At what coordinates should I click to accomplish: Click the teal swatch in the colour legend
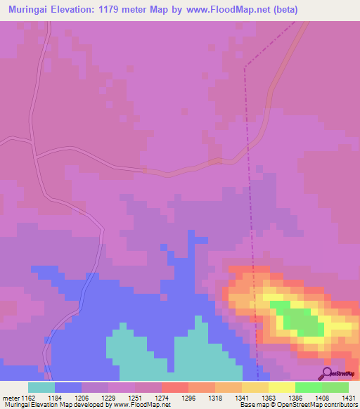click(41, 387)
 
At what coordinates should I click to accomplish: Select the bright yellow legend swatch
click(281, 387)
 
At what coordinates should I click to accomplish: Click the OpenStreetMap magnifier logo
click(326, 373)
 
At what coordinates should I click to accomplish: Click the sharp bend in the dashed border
click(245, 68)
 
